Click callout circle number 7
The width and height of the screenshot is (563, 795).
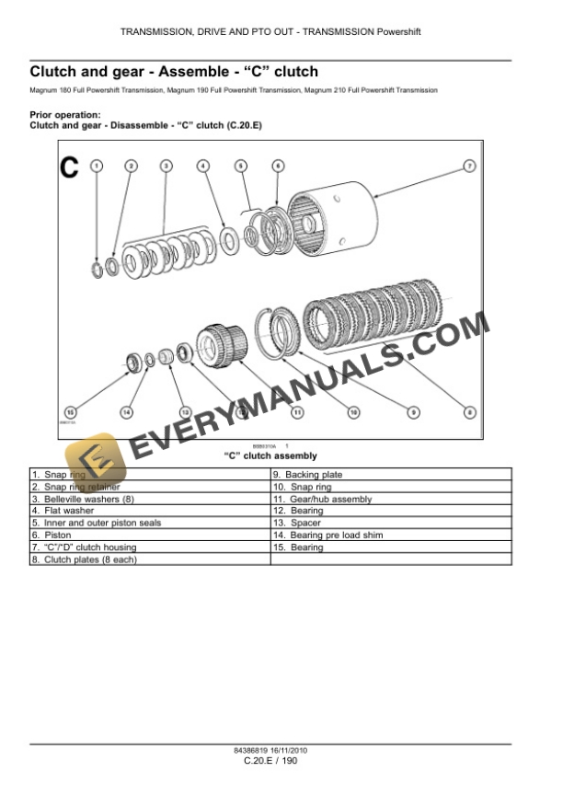click(468, 166)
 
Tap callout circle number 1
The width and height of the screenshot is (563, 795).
click(97, 166)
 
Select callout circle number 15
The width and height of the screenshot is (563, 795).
click(70, 412)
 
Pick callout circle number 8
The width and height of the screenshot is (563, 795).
click(469, 412)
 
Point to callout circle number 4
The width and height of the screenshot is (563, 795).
click(203, 166)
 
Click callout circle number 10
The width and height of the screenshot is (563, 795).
click(353, 412)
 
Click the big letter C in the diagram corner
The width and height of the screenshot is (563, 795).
click(70, 167)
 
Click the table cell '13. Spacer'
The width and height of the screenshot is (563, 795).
click(390, 523)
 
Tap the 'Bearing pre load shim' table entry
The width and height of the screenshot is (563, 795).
click(390, 535)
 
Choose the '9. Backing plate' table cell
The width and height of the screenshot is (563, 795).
click(390, 474)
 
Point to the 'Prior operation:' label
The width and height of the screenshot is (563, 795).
click(65, 114)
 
